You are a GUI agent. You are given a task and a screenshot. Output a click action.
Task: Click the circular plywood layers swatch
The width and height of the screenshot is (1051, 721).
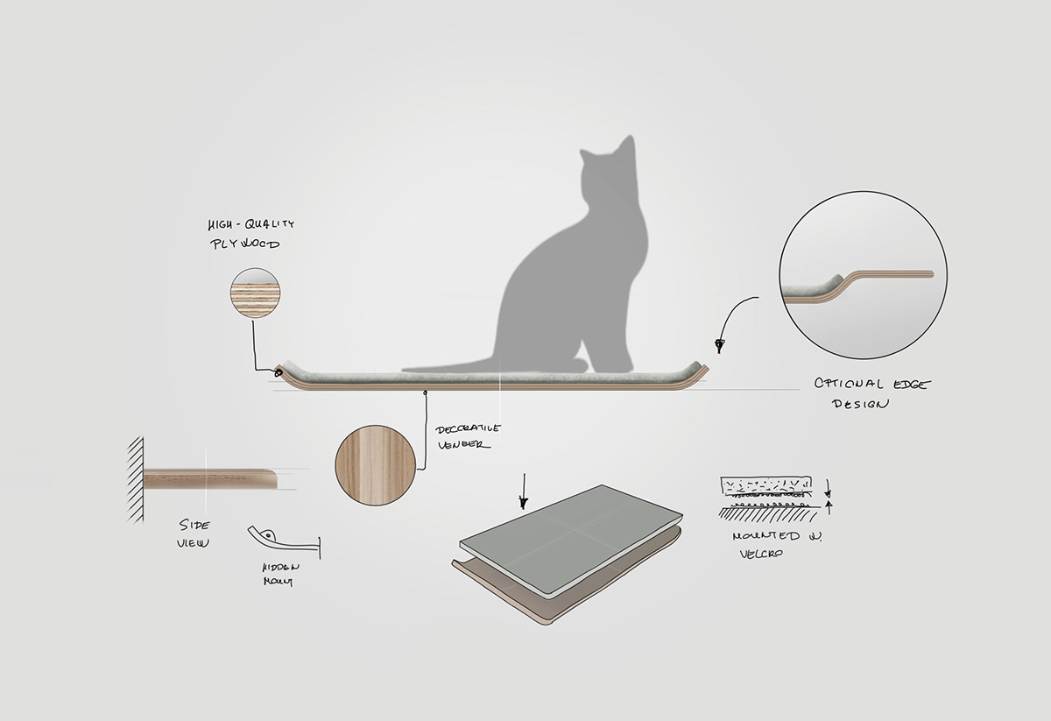pyautogui.click(x=255, y=293)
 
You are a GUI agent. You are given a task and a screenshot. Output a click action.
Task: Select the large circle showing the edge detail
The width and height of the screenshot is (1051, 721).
pyautogui.click(x=863, y=275)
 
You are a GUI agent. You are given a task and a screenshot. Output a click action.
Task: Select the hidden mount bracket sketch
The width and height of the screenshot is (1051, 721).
pyautogui.click(x=280, y=537)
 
